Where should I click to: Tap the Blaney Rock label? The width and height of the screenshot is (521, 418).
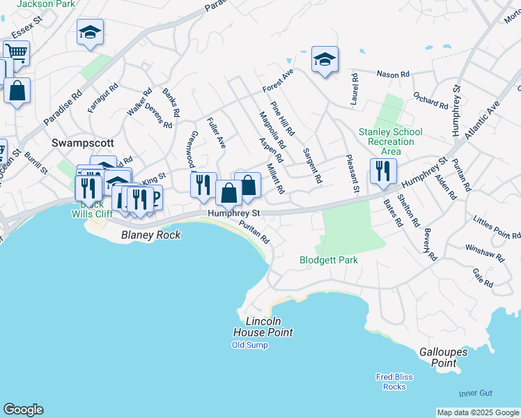click(150, 235)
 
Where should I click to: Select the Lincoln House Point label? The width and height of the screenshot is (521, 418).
click(263, 327)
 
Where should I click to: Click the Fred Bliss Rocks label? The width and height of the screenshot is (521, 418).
click(394, 382)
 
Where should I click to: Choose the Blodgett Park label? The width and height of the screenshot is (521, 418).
click(329, 261)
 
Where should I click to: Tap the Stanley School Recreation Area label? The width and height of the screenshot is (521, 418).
click(390, 141)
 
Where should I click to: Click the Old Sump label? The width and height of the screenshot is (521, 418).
click(249, 345)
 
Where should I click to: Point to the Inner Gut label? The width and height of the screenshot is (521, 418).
click(475, 394)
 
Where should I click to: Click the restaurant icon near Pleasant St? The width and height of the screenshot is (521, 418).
click(383, 171)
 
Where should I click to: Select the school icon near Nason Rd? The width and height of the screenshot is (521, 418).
click(325, 59)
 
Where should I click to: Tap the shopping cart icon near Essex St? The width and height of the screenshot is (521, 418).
click(15, 52)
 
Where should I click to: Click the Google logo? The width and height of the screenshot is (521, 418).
click(23, 410)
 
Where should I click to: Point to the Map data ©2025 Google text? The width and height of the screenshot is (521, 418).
click(478, 412)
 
